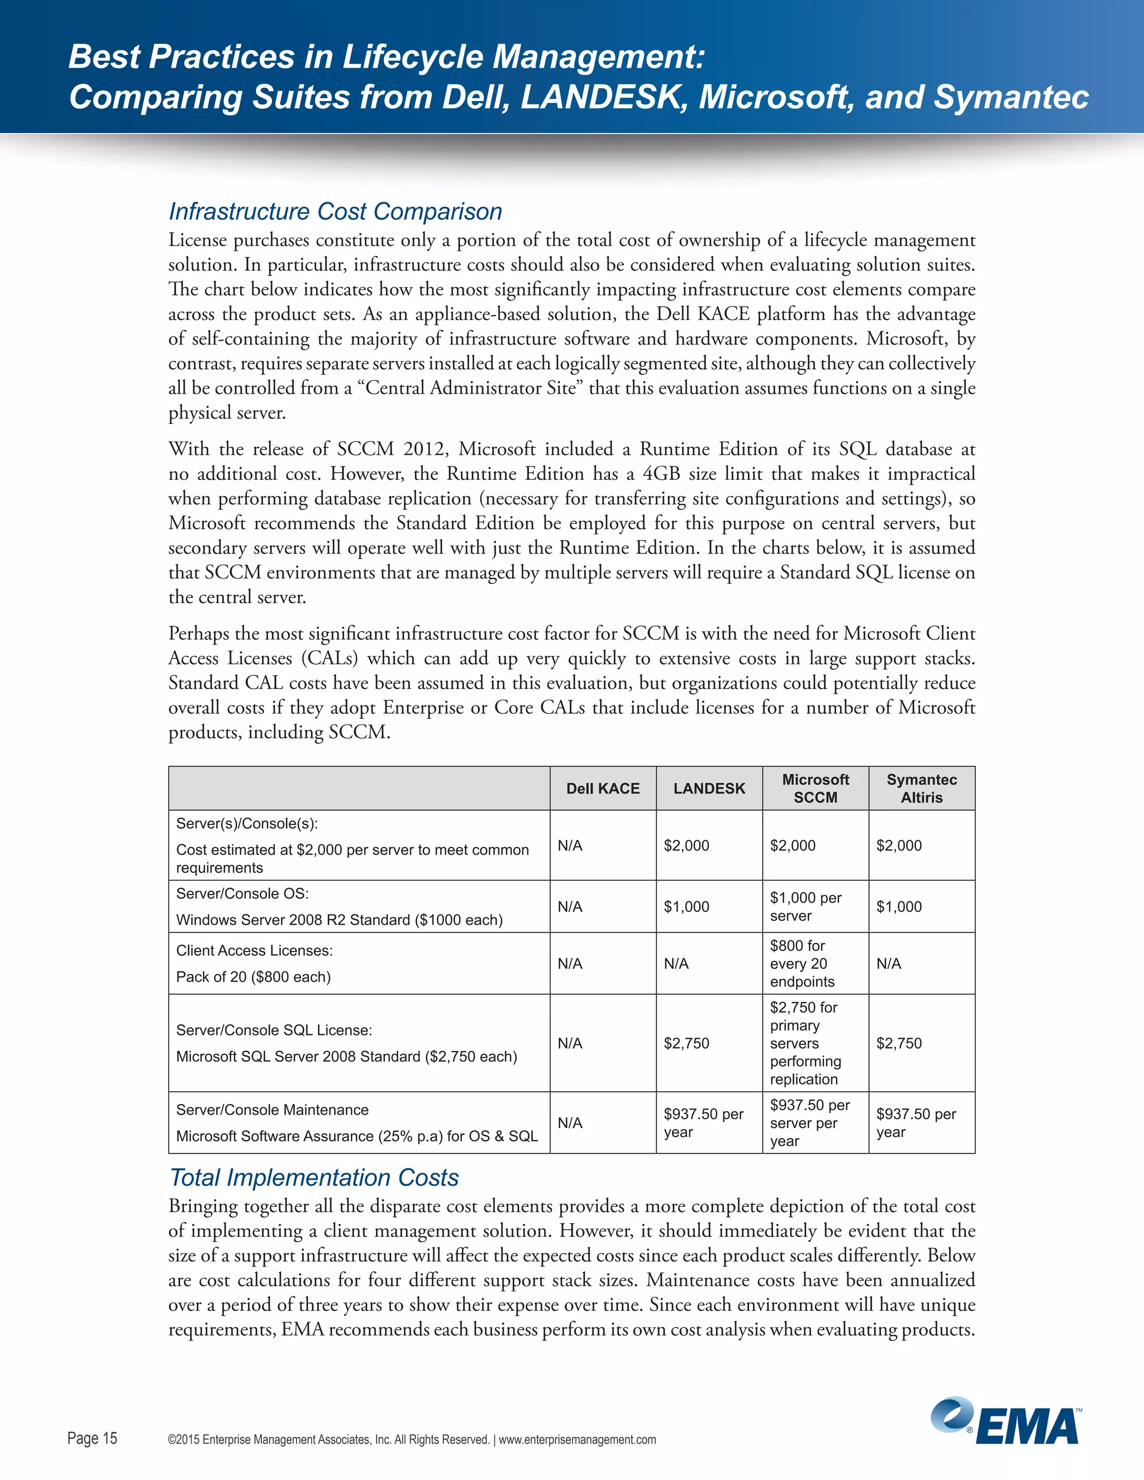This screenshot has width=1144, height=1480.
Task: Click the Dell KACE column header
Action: coord(603,788)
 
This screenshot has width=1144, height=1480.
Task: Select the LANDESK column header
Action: coord(709,788)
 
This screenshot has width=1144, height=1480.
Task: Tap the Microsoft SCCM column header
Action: coord(816,788)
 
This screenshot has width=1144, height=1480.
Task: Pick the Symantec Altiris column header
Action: coord(922,788)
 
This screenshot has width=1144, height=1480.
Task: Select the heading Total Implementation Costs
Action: coord(314,1177)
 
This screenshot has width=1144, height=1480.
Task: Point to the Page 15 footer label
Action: coord(92,1438)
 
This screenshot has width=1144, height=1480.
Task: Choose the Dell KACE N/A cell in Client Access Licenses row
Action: coord(570,963)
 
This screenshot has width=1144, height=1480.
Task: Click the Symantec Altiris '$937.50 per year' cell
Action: coord(916,1123)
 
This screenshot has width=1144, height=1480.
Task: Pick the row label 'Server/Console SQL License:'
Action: coord(274,1030)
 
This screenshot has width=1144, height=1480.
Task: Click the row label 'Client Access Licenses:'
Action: coord(254,950)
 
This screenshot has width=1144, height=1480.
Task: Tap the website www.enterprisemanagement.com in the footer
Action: coord(578,1439)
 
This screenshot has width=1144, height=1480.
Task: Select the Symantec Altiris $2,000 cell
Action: coord(899,845)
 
